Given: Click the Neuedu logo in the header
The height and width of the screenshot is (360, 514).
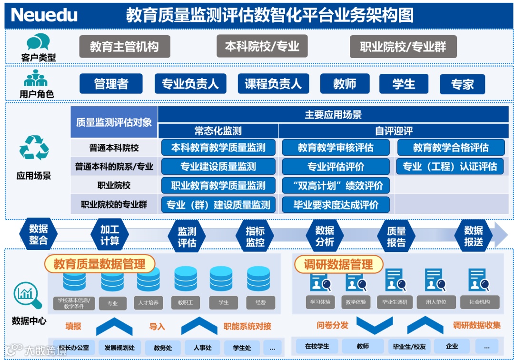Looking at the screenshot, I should pos(44,15).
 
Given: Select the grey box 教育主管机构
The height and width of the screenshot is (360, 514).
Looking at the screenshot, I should pos(124,47).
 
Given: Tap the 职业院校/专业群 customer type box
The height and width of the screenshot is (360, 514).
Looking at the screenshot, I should pos(403,47).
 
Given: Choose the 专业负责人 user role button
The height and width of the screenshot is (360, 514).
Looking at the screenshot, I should pos(190,84).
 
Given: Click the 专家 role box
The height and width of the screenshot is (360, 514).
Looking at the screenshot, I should pos(462,84).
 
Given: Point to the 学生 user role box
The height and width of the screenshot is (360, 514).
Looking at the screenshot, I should pos(404,84).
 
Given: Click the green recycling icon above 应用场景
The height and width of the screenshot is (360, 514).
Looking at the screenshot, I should pos(34,148).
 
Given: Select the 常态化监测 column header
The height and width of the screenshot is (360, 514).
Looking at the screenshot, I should pos(218,131).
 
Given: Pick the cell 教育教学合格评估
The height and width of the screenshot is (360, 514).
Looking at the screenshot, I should pos(450,148).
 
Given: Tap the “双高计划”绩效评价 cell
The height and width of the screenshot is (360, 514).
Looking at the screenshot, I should pos(336,186).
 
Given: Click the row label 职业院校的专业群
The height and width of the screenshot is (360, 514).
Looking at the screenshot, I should pos(114,205).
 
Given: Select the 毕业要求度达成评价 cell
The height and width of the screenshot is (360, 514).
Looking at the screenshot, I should pos(336,205).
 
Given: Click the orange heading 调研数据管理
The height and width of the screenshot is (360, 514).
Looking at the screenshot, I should pos(338,265).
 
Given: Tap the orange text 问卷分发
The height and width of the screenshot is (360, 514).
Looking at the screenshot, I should pos(332,326).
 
